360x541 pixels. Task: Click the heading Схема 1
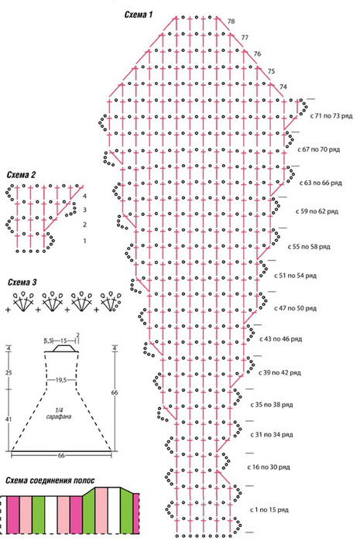click(138, 15)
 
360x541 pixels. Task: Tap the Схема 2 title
click(21, 175)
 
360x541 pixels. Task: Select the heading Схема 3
click(22, 282)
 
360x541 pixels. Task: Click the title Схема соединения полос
click(50, 481)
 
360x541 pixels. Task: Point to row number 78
click(231, 22)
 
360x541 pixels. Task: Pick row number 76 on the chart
click(257, 54)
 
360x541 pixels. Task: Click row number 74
click(283, 87)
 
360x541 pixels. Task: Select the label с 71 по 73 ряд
click(331, 116)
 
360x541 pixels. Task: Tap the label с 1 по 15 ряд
click(269, 509)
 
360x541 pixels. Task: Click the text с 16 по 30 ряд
click(269, 467)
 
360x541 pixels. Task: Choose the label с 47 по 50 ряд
click(295, 308)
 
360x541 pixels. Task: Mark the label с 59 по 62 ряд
click(317, 211)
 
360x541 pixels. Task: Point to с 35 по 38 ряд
click(272, 404)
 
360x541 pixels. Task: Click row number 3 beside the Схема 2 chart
click(84, 210)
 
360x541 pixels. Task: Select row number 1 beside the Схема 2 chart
click(84, 241)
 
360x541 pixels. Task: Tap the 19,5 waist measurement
click(60, 380)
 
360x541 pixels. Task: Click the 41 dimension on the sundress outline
click(9, 419)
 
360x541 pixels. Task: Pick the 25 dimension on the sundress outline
click(9, 373)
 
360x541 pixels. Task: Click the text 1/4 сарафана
click(59, 413)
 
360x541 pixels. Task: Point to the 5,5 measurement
click(48, 341)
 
